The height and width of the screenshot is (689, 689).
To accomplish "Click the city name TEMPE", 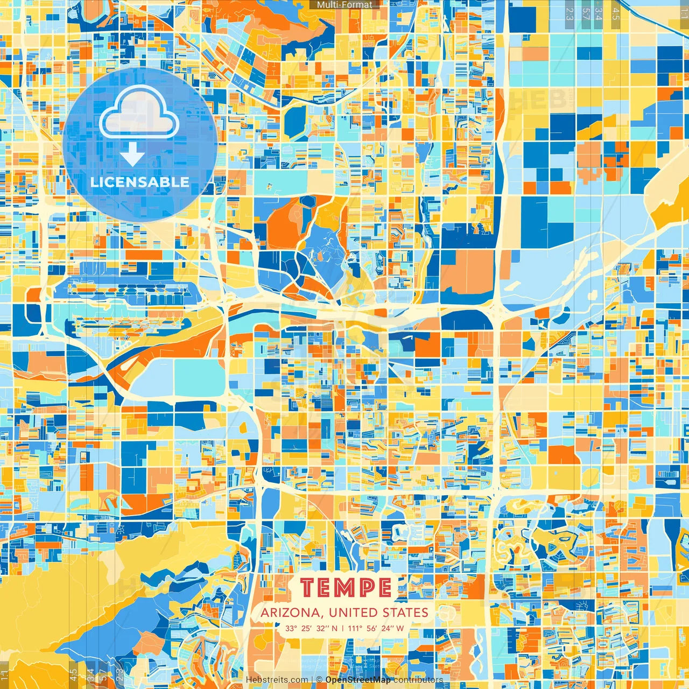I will point(346,587).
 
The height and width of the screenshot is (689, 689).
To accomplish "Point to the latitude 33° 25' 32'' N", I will point(312,628).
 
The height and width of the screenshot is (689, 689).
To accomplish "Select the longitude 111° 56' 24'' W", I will point(376,628).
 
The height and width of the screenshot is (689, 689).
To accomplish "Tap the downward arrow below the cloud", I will point(132,155).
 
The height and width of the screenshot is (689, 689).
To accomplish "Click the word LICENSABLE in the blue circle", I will point(139,182).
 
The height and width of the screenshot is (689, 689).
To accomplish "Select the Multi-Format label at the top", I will point(344,5).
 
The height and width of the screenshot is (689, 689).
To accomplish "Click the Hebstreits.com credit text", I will point(277,680).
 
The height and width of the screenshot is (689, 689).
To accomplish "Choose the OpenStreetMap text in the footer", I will point(358,680).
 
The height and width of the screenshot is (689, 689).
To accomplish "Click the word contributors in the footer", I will point(418,680).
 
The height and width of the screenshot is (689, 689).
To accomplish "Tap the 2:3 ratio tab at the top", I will point(570,13).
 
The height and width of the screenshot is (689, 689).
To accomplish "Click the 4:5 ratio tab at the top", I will point(616,13).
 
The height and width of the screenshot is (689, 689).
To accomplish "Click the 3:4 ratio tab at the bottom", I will point(90,674).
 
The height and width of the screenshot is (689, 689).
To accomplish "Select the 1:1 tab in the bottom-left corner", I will point(5,674).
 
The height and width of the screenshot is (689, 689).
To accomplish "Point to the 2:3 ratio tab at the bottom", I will point(120,674).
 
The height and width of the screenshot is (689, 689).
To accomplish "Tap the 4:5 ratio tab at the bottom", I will point(73,674).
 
